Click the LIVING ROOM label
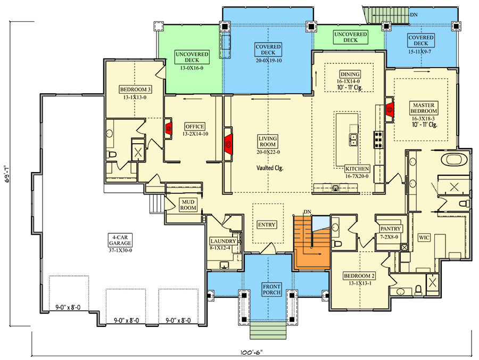click(268, 142)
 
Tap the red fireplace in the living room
click(228, 143)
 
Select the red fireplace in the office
click(168, 128)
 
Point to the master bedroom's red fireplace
click(389, 108)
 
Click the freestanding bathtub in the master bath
click(455, 160)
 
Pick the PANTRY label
click(391, 228)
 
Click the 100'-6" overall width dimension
click(251, 353)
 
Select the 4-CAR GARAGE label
click(120, 240)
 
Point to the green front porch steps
click(268, 330)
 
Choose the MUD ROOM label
click(188, 204)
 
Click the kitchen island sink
click(353, 140)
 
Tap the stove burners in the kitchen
click(378, 140)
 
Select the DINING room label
click(350, 74)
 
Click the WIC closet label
click(424, 238)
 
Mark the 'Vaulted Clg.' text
click(270, 168)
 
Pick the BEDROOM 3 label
click(135, 89)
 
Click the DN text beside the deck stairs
click(414, 15)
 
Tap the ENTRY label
click(267, 225)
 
